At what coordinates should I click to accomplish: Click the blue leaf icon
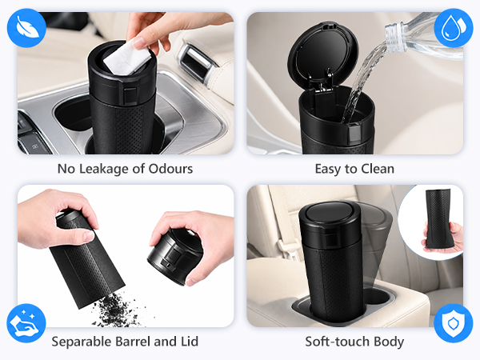click(x=26, y=28)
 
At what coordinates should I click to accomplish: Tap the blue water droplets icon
click(x=454, y=28)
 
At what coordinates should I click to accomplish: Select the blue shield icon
click(x=454, y=323)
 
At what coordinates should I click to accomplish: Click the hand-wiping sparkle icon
click(x=26, y=323)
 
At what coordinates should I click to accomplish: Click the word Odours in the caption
click(x=170, y=169)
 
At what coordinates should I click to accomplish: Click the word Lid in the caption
click(x=190, y=342)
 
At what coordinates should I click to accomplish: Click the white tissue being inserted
click(x=126, y=58)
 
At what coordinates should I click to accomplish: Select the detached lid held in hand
click(x=174, y=256)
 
